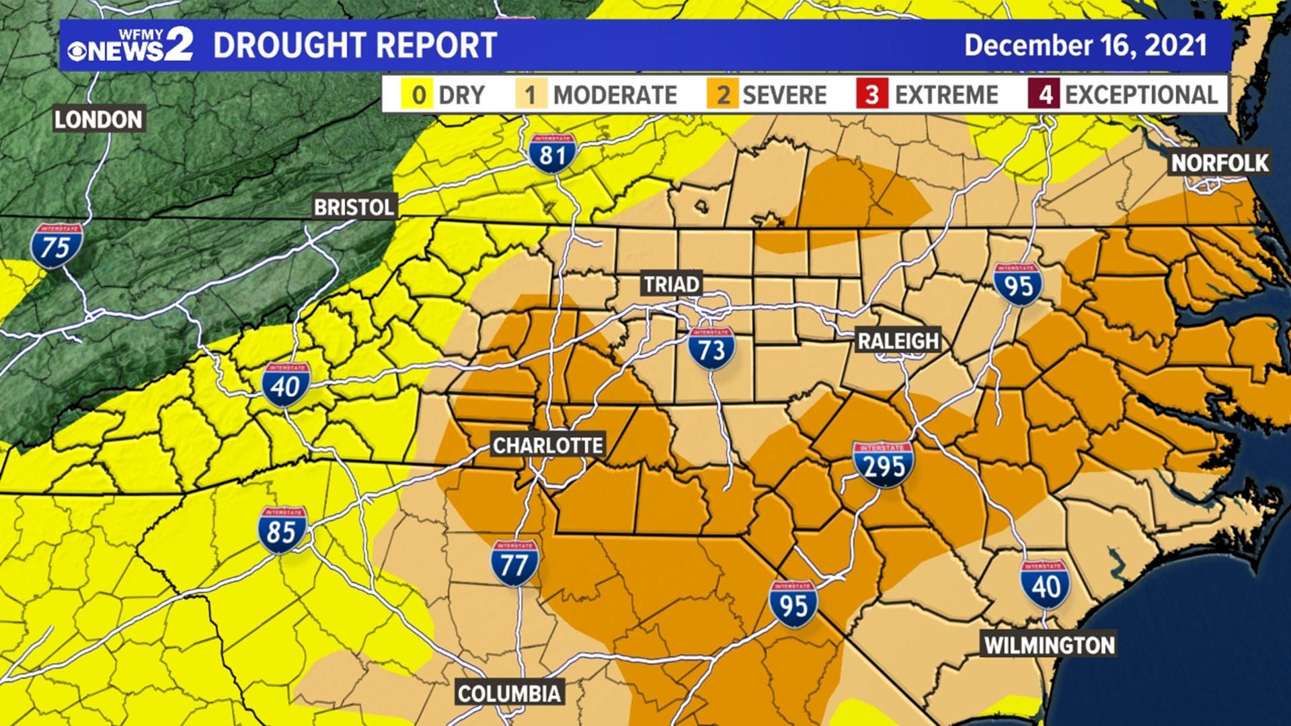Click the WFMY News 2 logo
130,45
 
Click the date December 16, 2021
1085,46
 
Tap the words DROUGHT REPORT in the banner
355,46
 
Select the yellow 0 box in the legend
418,95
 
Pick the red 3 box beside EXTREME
872,95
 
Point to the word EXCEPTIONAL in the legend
1141,95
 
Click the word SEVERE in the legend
784,95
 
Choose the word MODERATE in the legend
615,95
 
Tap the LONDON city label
99,120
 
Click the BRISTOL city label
354,207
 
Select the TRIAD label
672,284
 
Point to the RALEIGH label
898,341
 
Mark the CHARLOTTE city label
548,445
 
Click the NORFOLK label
1220,163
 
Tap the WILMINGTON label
1050,645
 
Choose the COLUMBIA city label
509,693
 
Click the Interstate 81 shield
552,154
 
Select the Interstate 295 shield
884,465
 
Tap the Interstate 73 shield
711,349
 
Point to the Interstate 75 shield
56,246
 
